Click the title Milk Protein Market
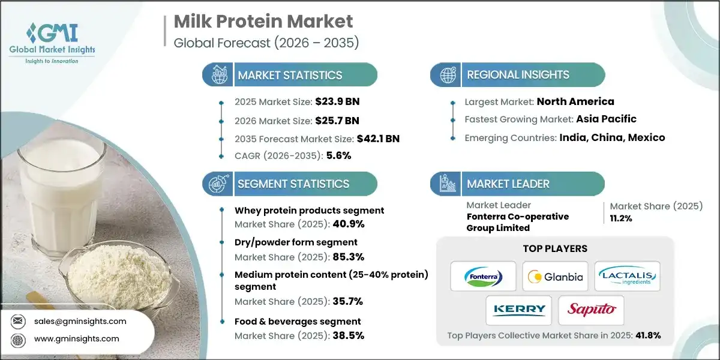(x=263, y=22)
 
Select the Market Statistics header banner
(x=290, y=75)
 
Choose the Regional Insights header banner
(x=517, y=75)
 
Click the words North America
(x=575, y=101)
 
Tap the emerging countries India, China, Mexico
(x=612, y=137)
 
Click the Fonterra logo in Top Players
(x=483, y=276)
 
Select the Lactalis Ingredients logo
(x=627, y=276)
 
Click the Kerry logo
(x=519, y=310)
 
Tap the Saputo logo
(x=591, y=310)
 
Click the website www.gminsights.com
(x=76, y=338)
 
